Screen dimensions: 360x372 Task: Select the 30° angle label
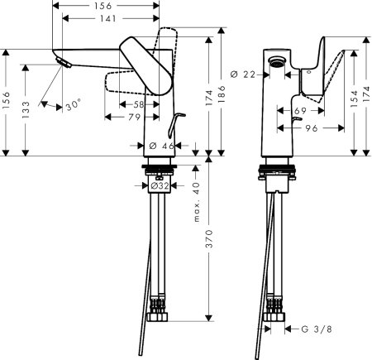point(74,106)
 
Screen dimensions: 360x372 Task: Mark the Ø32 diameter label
point(160,185)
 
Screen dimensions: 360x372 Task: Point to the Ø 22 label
point(244,75)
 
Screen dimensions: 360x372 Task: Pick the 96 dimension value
point(312,129)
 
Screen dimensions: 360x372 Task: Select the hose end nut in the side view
point(159,315)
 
